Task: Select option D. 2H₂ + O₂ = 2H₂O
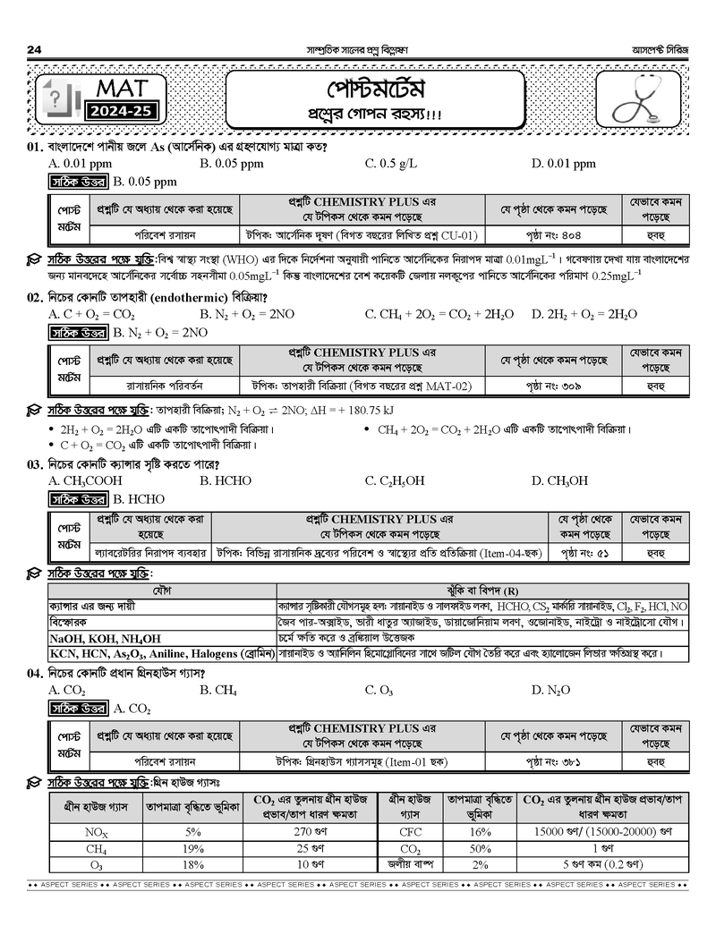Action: (584, 314)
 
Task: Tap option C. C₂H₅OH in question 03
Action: (394, 480)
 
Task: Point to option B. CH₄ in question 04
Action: (218, 690)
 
